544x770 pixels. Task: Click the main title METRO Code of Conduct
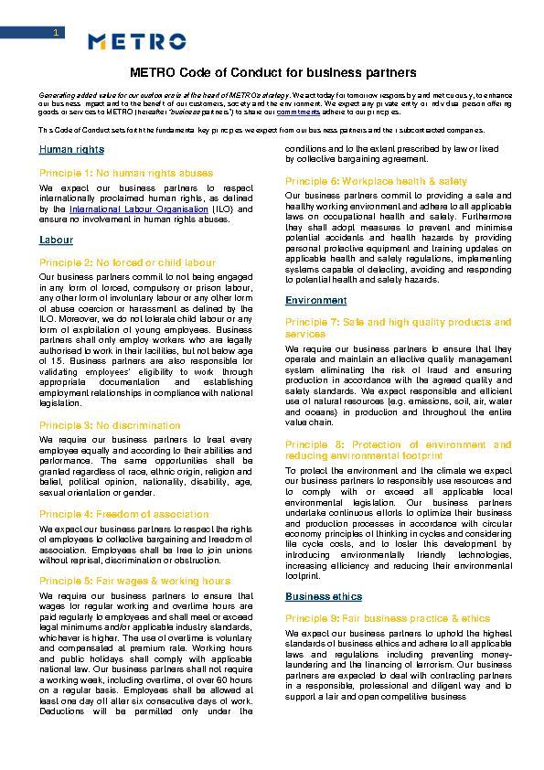(x=272, y=72)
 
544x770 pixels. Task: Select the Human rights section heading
(x=71, y=149)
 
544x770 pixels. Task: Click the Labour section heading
(x=56, y=240)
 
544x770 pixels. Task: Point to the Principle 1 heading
(x=126, y=173)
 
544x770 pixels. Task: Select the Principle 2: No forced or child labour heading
(x=127, y=262)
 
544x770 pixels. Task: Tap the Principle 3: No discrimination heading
(x=110, y=425)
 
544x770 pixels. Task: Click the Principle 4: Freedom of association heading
(x=122, y=514)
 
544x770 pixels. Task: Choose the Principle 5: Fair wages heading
(x=134, y=581)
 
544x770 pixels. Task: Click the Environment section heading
(x=315, y=300)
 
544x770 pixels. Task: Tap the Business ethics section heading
(x=323, y=596)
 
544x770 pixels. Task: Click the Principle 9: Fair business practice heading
(x=388, y=618)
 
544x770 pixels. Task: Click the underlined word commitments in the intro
(x=298, y=112)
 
